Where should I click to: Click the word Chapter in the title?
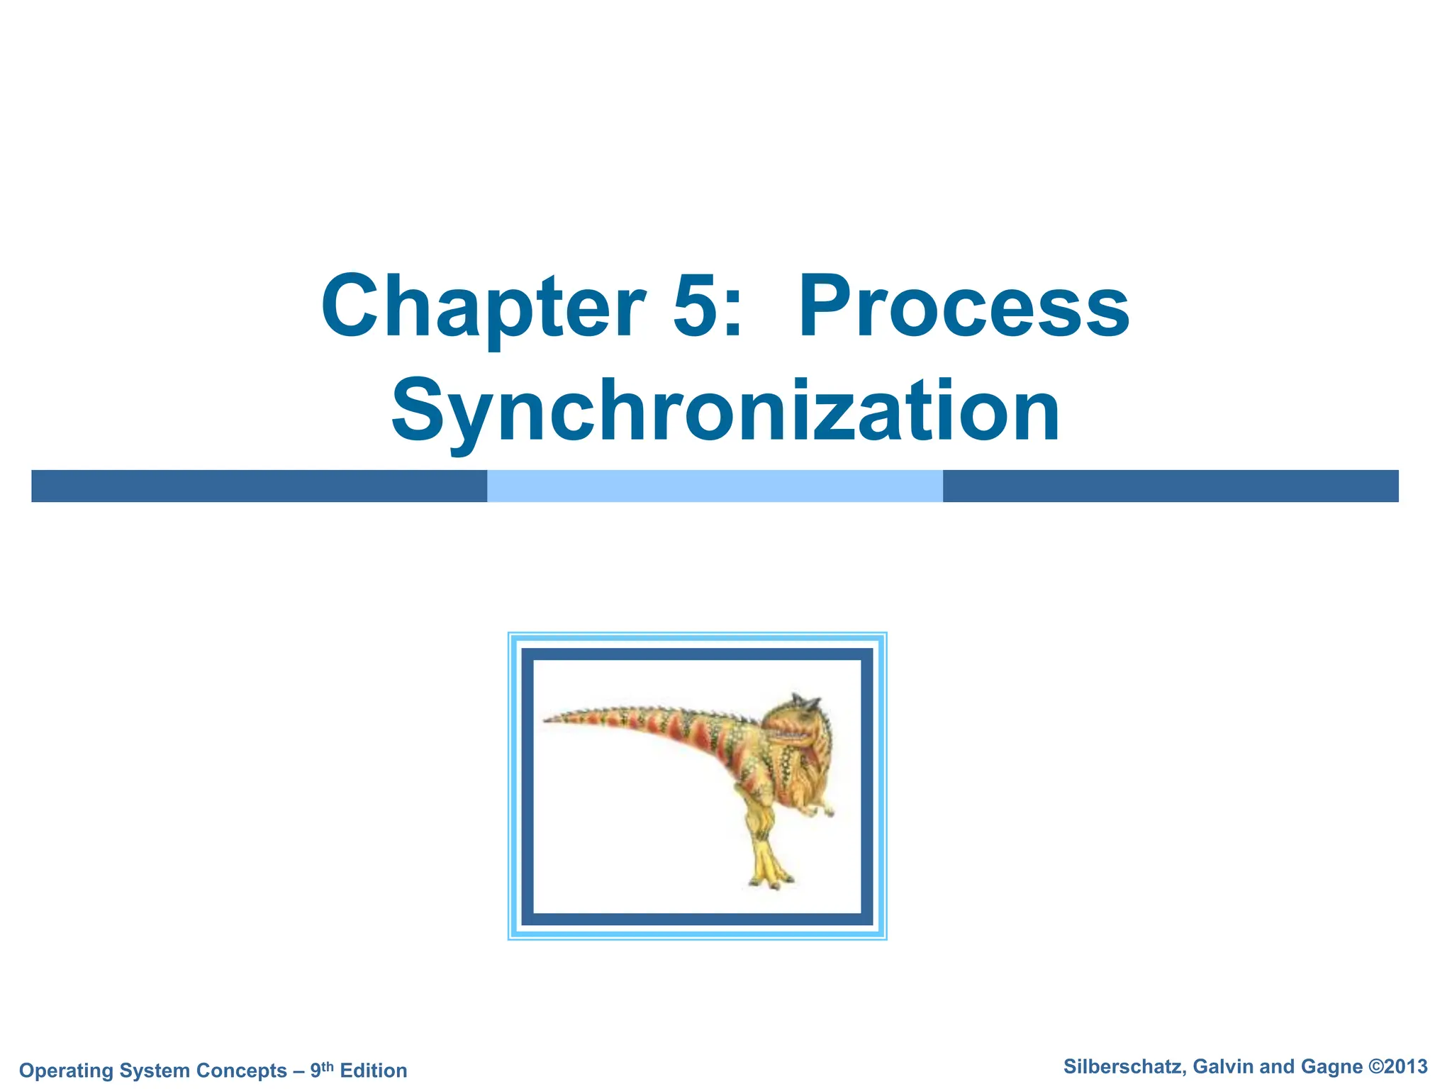(x=482, y=307)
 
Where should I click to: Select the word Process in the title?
(x=964, y=307)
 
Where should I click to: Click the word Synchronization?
(x=725, y=411)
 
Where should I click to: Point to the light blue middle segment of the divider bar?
(x=715, y=486)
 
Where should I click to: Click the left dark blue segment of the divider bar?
(x=259, y=486)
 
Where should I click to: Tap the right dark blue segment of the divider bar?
(x=1170, y=486)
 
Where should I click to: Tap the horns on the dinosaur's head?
(x=805, y=702)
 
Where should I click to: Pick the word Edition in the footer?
(x=374, y=1070)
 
